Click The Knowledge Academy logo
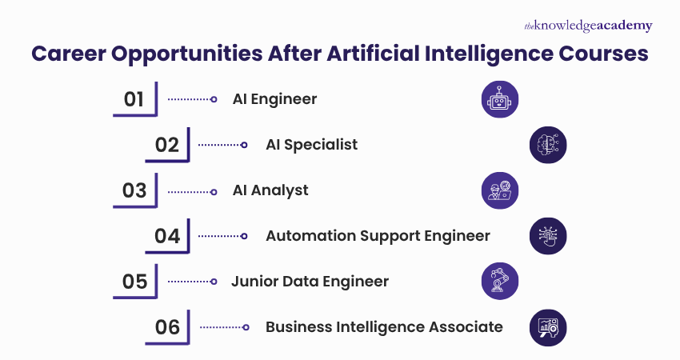click(x=588, y=26)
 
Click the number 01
click(x=134, y=100)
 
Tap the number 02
click(x=167, y=145)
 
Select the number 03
click(x=134, y=190)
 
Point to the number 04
click(x=167, y=236)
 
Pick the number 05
click(x=134, y=282)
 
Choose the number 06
click(x=167, y=326)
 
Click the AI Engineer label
click(x=274, y=99)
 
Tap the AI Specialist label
click(x=311, y=145)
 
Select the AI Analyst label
click(x=270, y=190)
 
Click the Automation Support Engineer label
click(x=378, y=236)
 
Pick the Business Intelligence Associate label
click(x=384, y=326)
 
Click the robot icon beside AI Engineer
click(x=501, y=99)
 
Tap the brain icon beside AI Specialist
click(x=548, y=145)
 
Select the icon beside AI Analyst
click(x=501, y=190)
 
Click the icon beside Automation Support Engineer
click(x=548, y=236)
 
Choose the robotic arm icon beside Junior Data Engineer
click(x=501, y=282)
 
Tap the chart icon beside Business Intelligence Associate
click(x=548, y=326)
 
